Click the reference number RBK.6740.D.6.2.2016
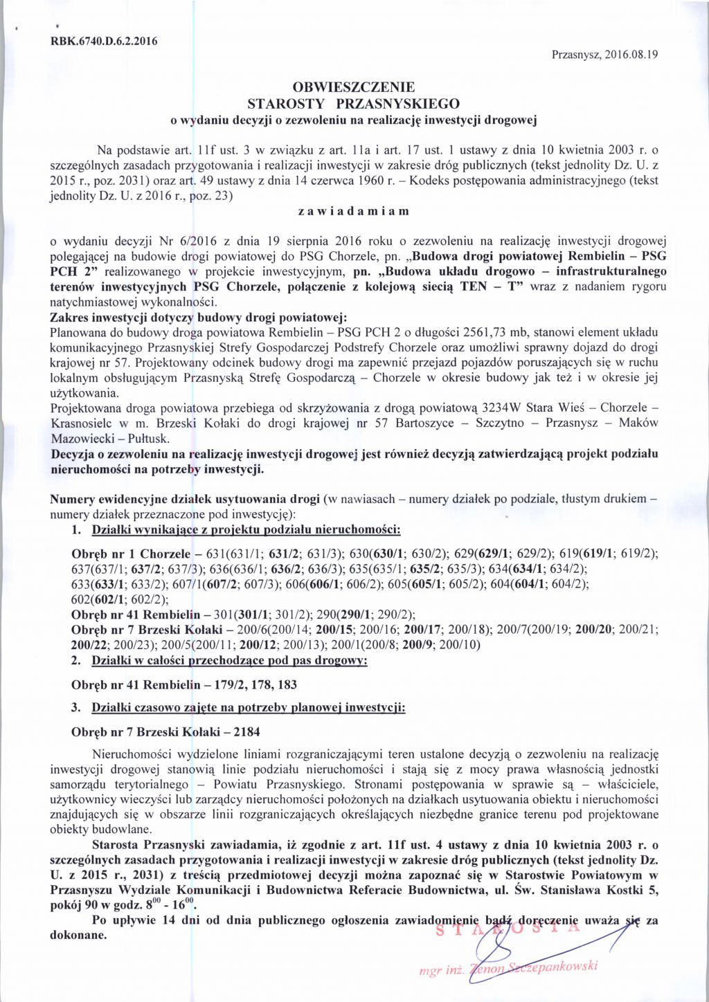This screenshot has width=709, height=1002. click(104, 39)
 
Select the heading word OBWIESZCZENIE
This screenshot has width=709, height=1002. click(354, 88)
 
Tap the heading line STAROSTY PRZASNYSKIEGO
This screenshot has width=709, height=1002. click(354, 104)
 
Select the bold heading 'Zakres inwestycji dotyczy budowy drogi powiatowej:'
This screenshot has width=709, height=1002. click(198, 318)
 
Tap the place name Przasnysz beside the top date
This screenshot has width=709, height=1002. click(575, 55)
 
